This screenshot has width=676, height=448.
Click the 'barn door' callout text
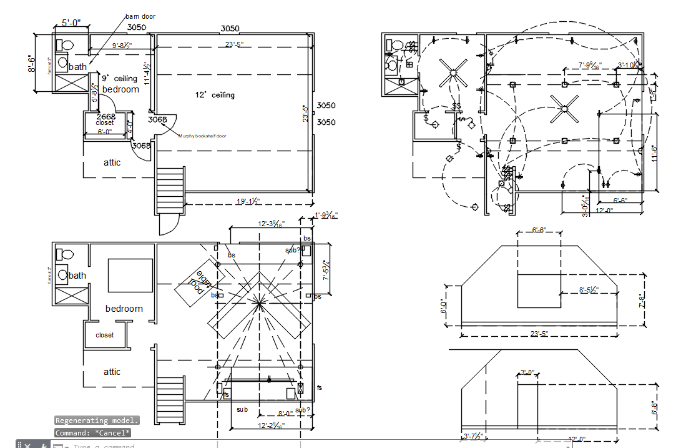[140, 16]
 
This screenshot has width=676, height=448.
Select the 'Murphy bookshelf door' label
[202, 136]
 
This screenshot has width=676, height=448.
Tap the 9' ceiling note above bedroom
[120, 79]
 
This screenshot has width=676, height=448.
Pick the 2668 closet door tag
[105, 117]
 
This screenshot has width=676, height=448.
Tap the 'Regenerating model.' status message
[97, 421]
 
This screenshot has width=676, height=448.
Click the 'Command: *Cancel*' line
[92, 433]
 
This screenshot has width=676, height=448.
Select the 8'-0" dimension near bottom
[285, 413]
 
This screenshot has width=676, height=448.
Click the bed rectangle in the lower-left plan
[130, 275]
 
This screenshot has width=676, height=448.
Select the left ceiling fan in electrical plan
[452, 72]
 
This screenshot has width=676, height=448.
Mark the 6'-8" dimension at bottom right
[655, 407]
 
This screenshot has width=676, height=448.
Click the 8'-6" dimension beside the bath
[31, 64]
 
